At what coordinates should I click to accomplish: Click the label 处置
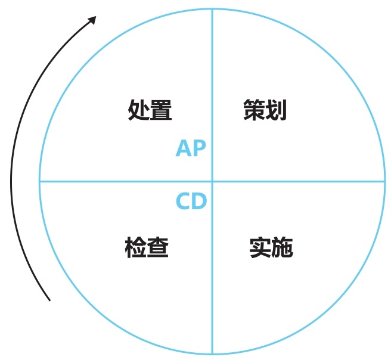point(150,110)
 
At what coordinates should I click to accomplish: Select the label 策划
point(265,110)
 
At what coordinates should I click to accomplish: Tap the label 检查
point(147,247)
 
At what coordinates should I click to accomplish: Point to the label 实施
point(271,247)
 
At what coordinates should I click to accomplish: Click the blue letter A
point(184,148)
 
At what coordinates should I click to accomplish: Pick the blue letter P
point(200,148)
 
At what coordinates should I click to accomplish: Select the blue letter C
point(184,201)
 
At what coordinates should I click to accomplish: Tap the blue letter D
point(200,201)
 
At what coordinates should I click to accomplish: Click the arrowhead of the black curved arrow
point(92,20)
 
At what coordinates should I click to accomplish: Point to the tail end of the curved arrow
point(50,300)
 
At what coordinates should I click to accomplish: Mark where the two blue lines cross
point(212,181)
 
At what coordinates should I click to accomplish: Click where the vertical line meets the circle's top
point(212,9)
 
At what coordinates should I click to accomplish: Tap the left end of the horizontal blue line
point(40,181)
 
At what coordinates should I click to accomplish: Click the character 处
point(138,110)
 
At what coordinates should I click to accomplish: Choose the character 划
point(277,110)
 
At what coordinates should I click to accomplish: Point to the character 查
point(159,247)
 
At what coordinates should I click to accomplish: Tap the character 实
point(260,247)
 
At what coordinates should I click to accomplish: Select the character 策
point(254,110)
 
